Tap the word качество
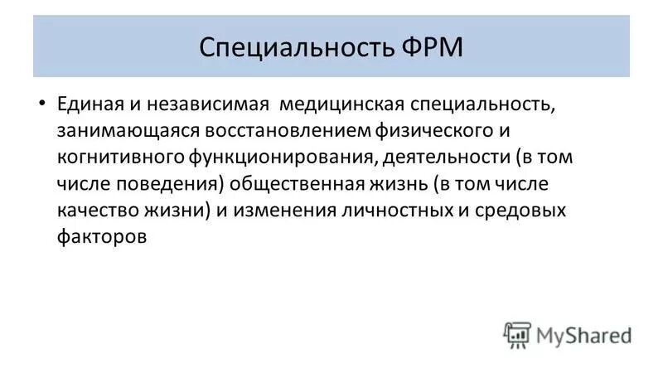coord(94,211)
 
